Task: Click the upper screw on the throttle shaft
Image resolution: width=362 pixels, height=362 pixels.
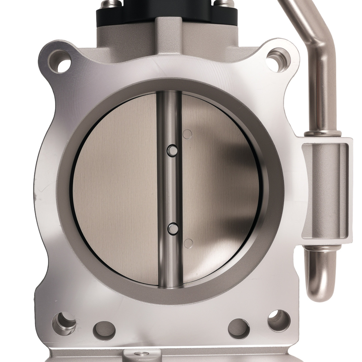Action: point(172,150)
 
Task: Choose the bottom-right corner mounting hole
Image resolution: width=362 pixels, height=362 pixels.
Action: point(279,321)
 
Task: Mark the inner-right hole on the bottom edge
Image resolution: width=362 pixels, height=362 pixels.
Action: point(239,329)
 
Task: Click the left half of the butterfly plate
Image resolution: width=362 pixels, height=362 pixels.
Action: point(116,188)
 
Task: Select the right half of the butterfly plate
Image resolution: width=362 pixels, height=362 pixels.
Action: point(221,188)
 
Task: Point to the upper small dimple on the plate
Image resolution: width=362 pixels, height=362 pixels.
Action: point(187,134)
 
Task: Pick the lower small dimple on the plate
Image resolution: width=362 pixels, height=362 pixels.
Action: point(188,243)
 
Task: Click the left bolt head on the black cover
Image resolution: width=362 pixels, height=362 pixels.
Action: point(110,3)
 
